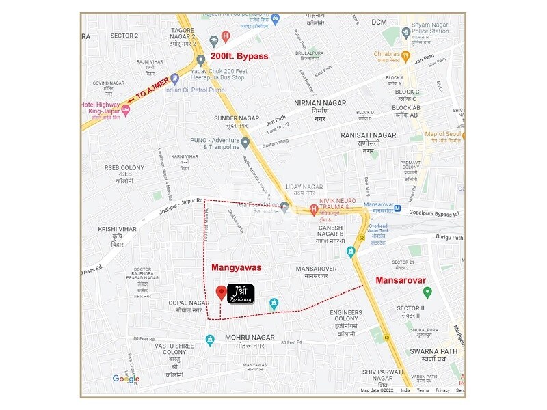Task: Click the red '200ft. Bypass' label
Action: click(x=239, y=56)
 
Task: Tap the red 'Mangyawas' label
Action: click(x=237, y=268)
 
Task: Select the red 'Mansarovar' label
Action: click(x=401, y=280)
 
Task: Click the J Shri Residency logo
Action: click(x=241, y=293)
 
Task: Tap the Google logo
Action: click(x=126, y=379)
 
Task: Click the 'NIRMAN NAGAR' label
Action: click(x=320, y=102)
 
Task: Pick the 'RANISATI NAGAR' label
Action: click(x=369, y=135)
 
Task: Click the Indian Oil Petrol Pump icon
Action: click(x=175, y=79)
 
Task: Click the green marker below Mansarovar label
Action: click(x=427, y=292)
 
